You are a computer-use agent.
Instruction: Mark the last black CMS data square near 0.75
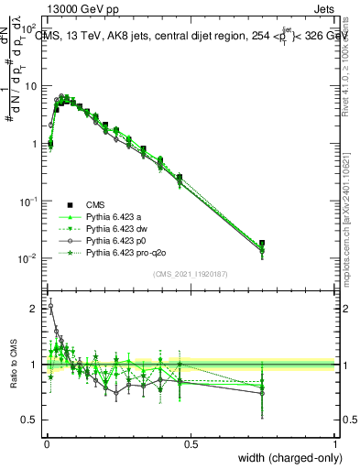[x=263, y=244]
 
